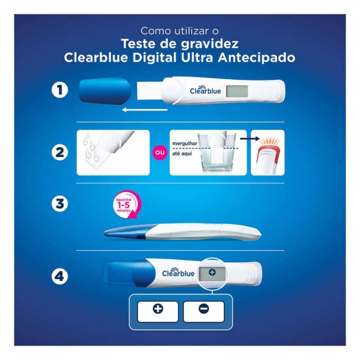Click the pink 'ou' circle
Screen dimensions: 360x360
click(x=159, y=152)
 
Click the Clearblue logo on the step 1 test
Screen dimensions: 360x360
click(x=205, y=90)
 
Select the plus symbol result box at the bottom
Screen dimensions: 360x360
click(x=158, y=309)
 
